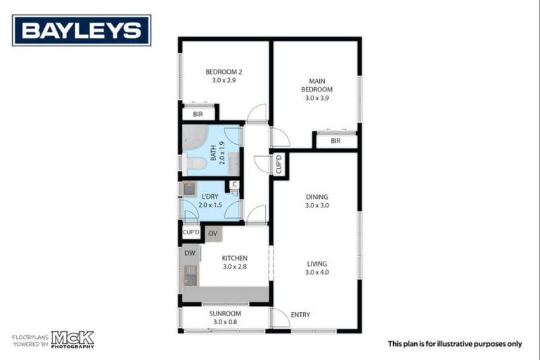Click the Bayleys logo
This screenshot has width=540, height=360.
pos(82,30)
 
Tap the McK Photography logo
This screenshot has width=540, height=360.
pos(72,340)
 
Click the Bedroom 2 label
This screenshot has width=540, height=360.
pos(224,72)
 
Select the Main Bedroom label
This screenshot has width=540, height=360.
pos(317,85)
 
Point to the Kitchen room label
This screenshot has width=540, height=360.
pos(234,258)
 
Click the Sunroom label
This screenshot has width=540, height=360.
pos(225,314)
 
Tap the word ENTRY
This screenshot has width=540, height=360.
pos(300,315)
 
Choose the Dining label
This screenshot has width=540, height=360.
pos(317,197)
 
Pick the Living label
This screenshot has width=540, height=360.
pos(317,264)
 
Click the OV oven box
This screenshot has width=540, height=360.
pos(213,233)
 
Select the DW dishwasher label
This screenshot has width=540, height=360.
pos(190,253)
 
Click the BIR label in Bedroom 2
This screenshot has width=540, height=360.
pos(198,114)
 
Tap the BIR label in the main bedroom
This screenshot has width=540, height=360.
pos(335,141)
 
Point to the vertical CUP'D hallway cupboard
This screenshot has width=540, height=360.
pos(279,164)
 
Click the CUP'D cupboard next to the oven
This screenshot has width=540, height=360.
pos(191,233)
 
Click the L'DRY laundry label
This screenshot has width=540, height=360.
pos(209,196)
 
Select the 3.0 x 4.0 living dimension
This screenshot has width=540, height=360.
pos(317,272)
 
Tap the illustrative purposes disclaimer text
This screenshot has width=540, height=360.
pos(455,344)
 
